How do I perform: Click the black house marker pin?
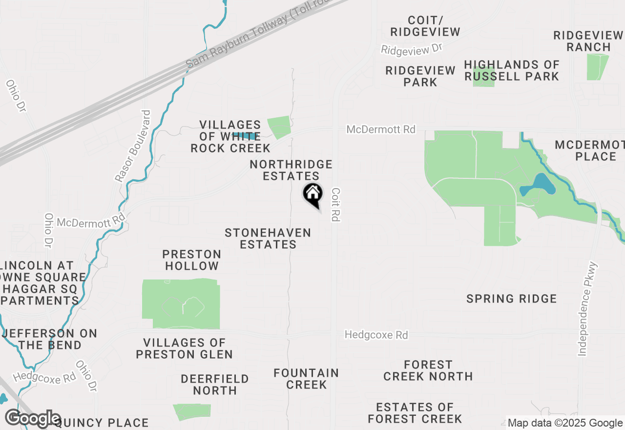(312, 195)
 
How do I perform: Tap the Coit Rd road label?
(335, 205)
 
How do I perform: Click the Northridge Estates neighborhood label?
(291, 170)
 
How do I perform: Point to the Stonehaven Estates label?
(268, 238)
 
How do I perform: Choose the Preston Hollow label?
(192, 260)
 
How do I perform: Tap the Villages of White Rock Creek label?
(230, 136)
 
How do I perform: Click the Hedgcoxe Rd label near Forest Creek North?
(376, 335)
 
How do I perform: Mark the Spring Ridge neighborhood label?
(511, 299)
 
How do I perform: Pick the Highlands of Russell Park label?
(511, 70)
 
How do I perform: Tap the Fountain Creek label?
(306, 379)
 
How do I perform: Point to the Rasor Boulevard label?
(133, 146)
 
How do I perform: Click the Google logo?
(32, 419)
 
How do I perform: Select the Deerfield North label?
(215, 385)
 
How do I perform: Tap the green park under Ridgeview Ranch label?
(597, 67)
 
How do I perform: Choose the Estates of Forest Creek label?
(415, 413)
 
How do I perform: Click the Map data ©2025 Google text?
(565, 423)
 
